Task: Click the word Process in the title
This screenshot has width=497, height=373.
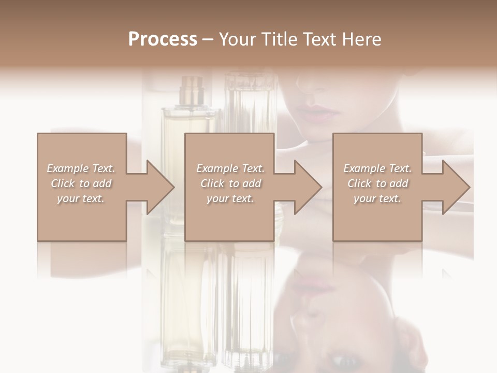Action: (x=163, y=39)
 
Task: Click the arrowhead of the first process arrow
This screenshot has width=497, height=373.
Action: (x=160, y=187)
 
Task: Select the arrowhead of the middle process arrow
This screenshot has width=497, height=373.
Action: (x=308, y=187)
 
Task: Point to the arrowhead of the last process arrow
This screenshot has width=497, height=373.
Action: (x=456, y=187)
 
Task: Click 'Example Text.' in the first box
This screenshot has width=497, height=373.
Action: (x=81, y=168)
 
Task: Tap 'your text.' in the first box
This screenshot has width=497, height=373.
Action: (x=81, y=198)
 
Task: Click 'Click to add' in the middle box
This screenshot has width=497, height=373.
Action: (x=230, y=183)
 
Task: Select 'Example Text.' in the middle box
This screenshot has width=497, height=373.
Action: (x=230, y=168)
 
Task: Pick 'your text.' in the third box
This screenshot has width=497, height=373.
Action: (x=377, y=198)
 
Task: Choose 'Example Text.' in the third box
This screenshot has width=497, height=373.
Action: (x=377, y=168)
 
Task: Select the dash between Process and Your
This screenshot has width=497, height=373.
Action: (x=208, y=40)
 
